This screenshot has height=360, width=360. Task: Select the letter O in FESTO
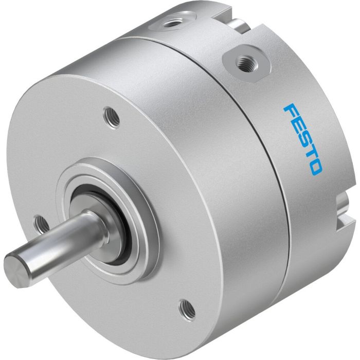tap(315, 166)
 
